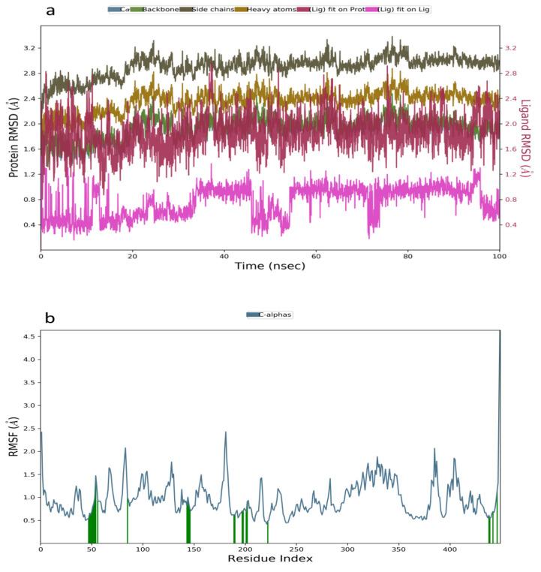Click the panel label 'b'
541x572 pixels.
50,318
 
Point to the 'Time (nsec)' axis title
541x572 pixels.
269,266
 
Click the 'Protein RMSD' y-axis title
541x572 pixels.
14,140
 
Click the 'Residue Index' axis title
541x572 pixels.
269,558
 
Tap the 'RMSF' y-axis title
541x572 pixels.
14,438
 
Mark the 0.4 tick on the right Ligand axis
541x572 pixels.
511,224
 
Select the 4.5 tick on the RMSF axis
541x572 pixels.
29,336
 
